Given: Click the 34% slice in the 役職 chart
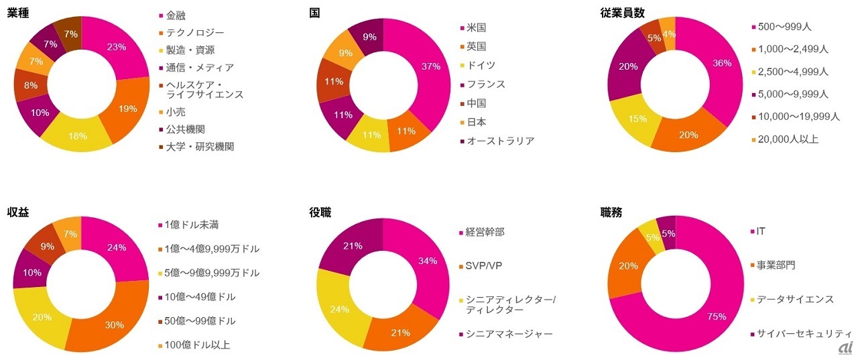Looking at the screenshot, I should tap(428, 261).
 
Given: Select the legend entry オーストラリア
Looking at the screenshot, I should tap(501, 141).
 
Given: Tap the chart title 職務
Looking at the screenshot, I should tap(611, 213).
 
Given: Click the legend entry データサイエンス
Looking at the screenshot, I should tap(795, 299).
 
